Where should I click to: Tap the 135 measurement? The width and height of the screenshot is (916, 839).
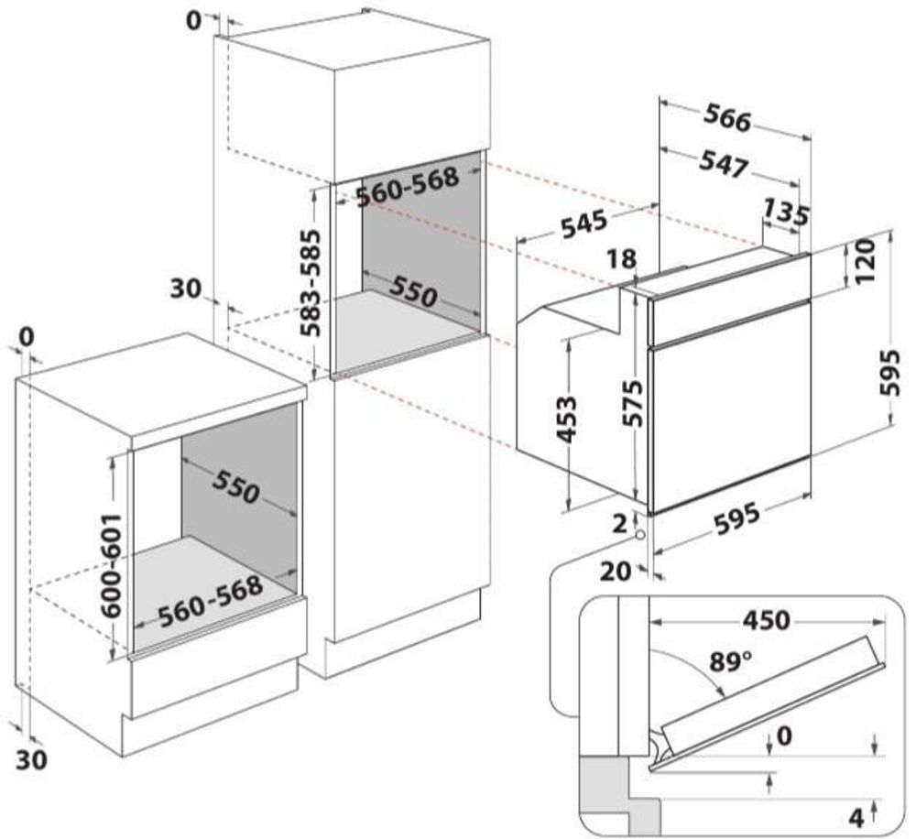tap(785, 213)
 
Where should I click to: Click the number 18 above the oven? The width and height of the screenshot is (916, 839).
tap(622, 260)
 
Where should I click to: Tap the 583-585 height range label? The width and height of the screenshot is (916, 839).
tap(311, 282)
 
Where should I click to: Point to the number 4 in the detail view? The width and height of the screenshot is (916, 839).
tap(856, 813)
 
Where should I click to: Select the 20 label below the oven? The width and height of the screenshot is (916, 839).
tap(618, 572)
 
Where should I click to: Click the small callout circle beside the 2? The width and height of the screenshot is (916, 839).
tap(639, 534)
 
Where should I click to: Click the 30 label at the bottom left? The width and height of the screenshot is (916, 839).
tap(31, 759)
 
